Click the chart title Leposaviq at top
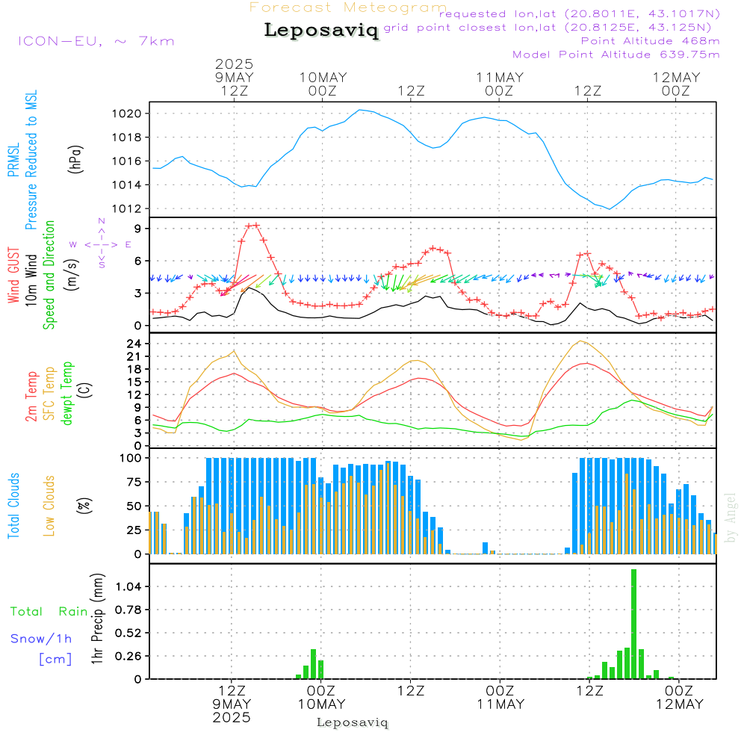(x=321, y=31)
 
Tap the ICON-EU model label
(x=96, y=41)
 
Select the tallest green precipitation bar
(x=633, y=624)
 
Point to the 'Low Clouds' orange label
(x=50, y=506)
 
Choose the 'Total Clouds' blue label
(x=13, y=506)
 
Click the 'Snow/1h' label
(x=41, y=639)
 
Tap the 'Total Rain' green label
(x=49, y=612)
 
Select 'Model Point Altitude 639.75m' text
(x=616, y=55)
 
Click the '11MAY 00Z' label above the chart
(x=499, y=84)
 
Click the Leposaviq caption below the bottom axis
(x=353, y=722)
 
